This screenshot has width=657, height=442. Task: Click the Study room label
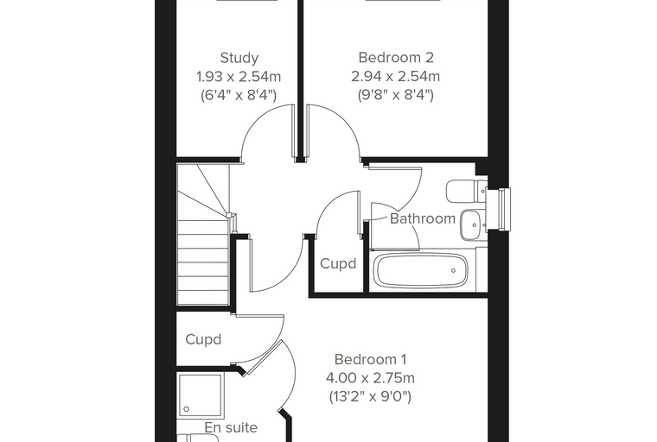click(239, 58)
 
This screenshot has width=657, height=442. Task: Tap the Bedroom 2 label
click(396, 57)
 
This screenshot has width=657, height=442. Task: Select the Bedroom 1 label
click(370, 359)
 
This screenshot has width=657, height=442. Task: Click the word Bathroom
click(423, 218)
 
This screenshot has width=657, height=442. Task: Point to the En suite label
click(231, 427)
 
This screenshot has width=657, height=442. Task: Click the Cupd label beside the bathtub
click(338, 263)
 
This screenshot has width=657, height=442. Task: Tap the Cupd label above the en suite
click(203, 339)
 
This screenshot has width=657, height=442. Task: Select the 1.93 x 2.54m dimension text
click(239, 77)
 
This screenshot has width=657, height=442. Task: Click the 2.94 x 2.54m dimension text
click(396, 77)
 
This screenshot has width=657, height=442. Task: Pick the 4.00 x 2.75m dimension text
click(370, 378)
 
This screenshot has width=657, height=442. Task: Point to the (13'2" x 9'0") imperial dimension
click(370, 396)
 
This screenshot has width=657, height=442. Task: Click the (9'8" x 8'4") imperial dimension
click(396, 96)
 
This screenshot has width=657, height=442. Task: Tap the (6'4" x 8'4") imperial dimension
click(239, 96)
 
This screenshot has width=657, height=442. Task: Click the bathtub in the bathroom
click(421, 270)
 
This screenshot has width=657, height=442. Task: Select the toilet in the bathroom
click(466, 192)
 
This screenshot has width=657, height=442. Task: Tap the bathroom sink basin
click(473, 224)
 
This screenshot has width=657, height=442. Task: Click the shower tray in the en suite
click(200, 396)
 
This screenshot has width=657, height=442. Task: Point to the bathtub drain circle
click(453, 271)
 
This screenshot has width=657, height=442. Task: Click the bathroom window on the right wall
click(504, 209)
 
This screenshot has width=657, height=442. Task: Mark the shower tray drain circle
click(187, 409)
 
